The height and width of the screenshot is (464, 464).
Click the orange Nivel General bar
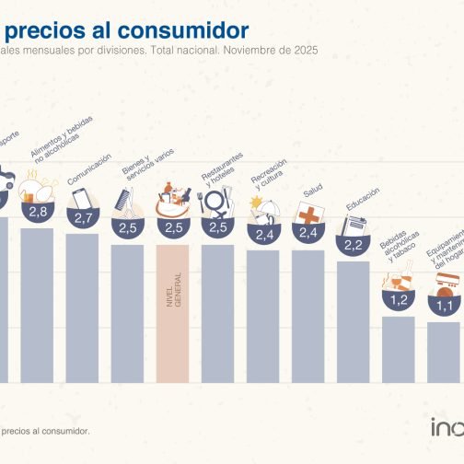click(172, 313)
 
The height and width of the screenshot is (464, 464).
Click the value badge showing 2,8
click(38, 212)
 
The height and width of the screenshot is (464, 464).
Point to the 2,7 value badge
click(83, 218)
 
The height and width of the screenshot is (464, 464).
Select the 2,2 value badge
click(353, 246)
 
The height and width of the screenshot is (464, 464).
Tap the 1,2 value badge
click(398, 299)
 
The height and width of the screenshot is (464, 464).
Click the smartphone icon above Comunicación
click(82, 198)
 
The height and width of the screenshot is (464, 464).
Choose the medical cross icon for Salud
click(309, 214)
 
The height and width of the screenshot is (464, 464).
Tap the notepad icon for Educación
click(354, 226)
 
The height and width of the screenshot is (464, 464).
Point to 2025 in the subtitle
click(304, 52)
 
